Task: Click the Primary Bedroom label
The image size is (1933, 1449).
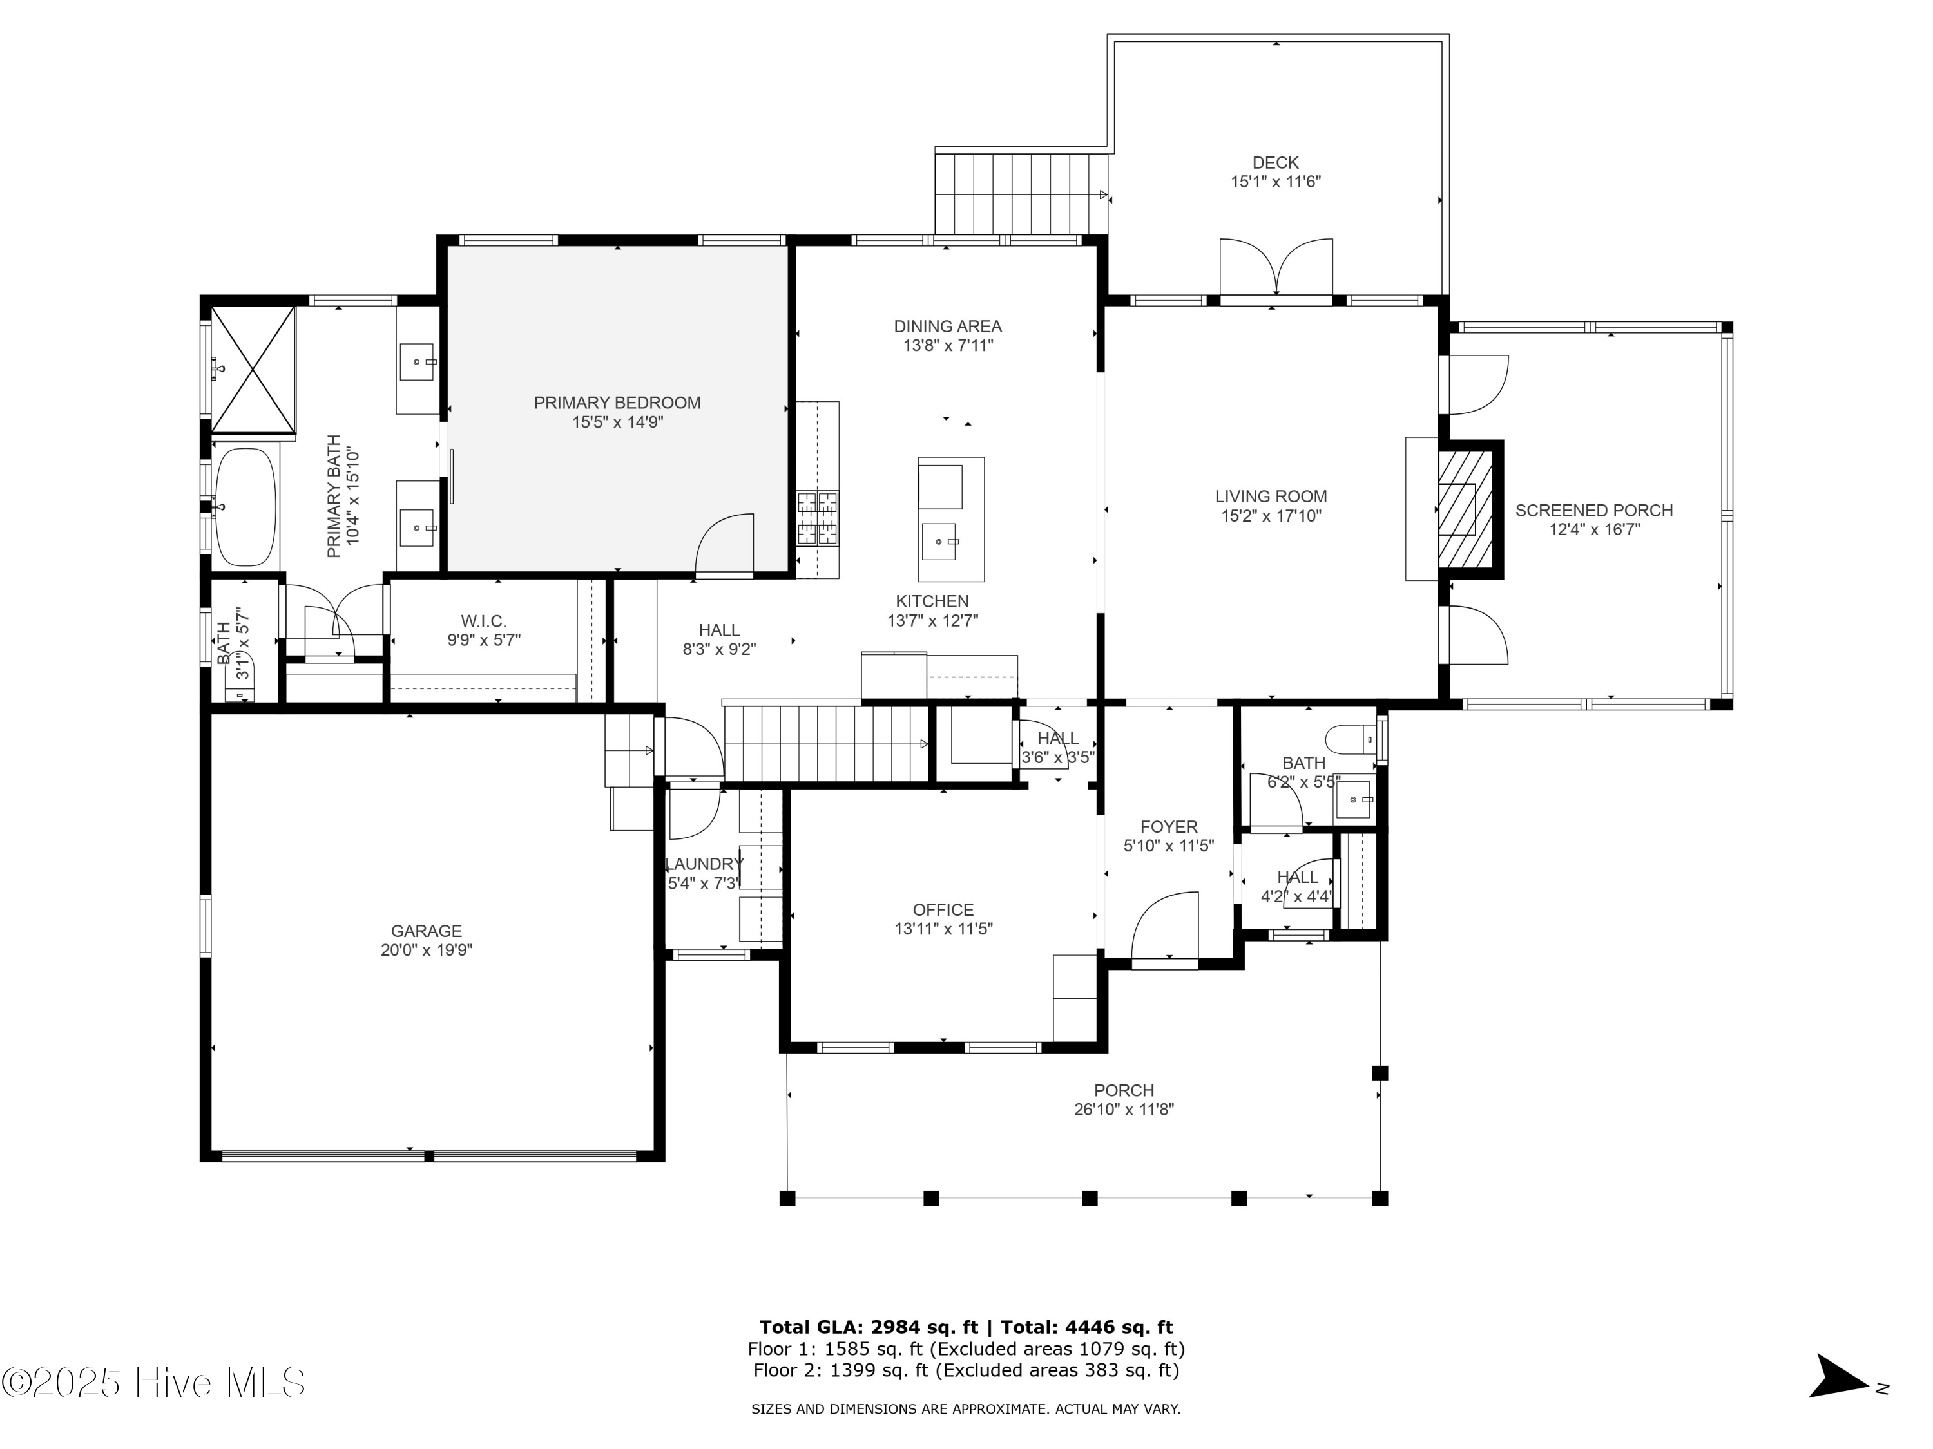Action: [617, 402]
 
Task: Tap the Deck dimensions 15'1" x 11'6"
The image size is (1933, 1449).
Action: [1275, 182]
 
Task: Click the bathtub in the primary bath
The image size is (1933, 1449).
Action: [245, 507]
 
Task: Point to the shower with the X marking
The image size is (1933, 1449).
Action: [253, 370]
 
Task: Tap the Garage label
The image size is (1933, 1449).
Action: [427, 931]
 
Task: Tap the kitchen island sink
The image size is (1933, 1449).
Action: [940, 542]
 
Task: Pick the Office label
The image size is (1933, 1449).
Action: [943, 910]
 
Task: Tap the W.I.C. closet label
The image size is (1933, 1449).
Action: [483, 621]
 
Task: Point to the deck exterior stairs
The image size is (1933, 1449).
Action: [1021, 194]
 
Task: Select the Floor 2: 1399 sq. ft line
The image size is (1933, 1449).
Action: [966, 1370]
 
